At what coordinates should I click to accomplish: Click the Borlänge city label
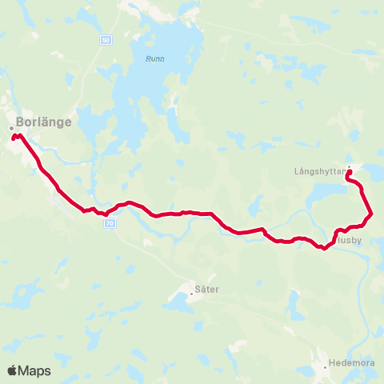coord(44,122)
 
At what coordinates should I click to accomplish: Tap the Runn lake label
coord(154,58)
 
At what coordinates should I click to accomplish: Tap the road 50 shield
coord(106,38)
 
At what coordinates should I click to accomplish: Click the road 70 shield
coord(110,224)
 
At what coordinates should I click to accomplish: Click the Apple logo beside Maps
coord(13,370)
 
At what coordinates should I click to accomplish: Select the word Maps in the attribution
coord(35,370)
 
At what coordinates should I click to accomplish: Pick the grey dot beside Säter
coord(192,294)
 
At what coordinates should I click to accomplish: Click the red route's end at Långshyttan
coord(349,170)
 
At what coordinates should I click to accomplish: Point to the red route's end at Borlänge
coord(14,138)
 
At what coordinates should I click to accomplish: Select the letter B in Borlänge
coord(20,122)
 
